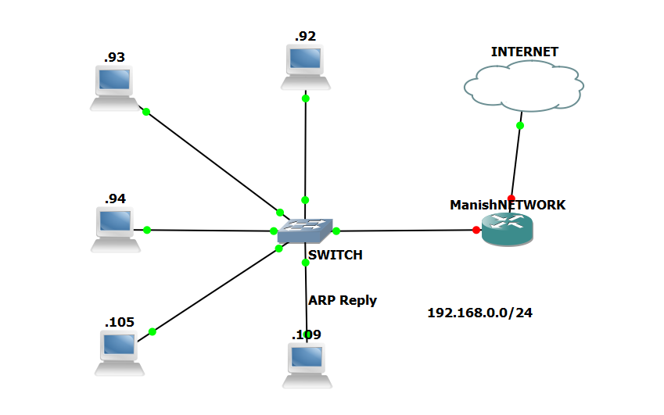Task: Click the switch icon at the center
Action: pos(305,230)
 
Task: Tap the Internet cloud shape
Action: pos(523,87)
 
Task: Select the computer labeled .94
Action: pos(116,228)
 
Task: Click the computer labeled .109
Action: pos(307,364)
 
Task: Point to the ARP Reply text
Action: pos(342,300)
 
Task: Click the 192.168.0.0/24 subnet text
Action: pos(480,313)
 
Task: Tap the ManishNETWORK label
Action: pos(507,205)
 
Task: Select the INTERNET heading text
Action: pos(524,52)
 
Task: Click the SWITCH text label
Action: pos(335,255)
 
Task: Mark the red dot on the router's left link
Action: pos(476,230)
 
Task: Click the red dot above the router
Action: pos(511,199)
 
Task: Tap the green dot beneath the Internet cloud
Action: pos(520,125)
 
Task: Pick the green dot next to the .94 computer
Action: pos(146,230)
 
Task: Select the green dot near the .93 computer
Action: pos(145,112)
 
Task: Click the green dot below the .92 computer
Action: pos(306,98)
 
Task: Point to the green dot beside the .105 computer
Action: pos(153,331)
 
